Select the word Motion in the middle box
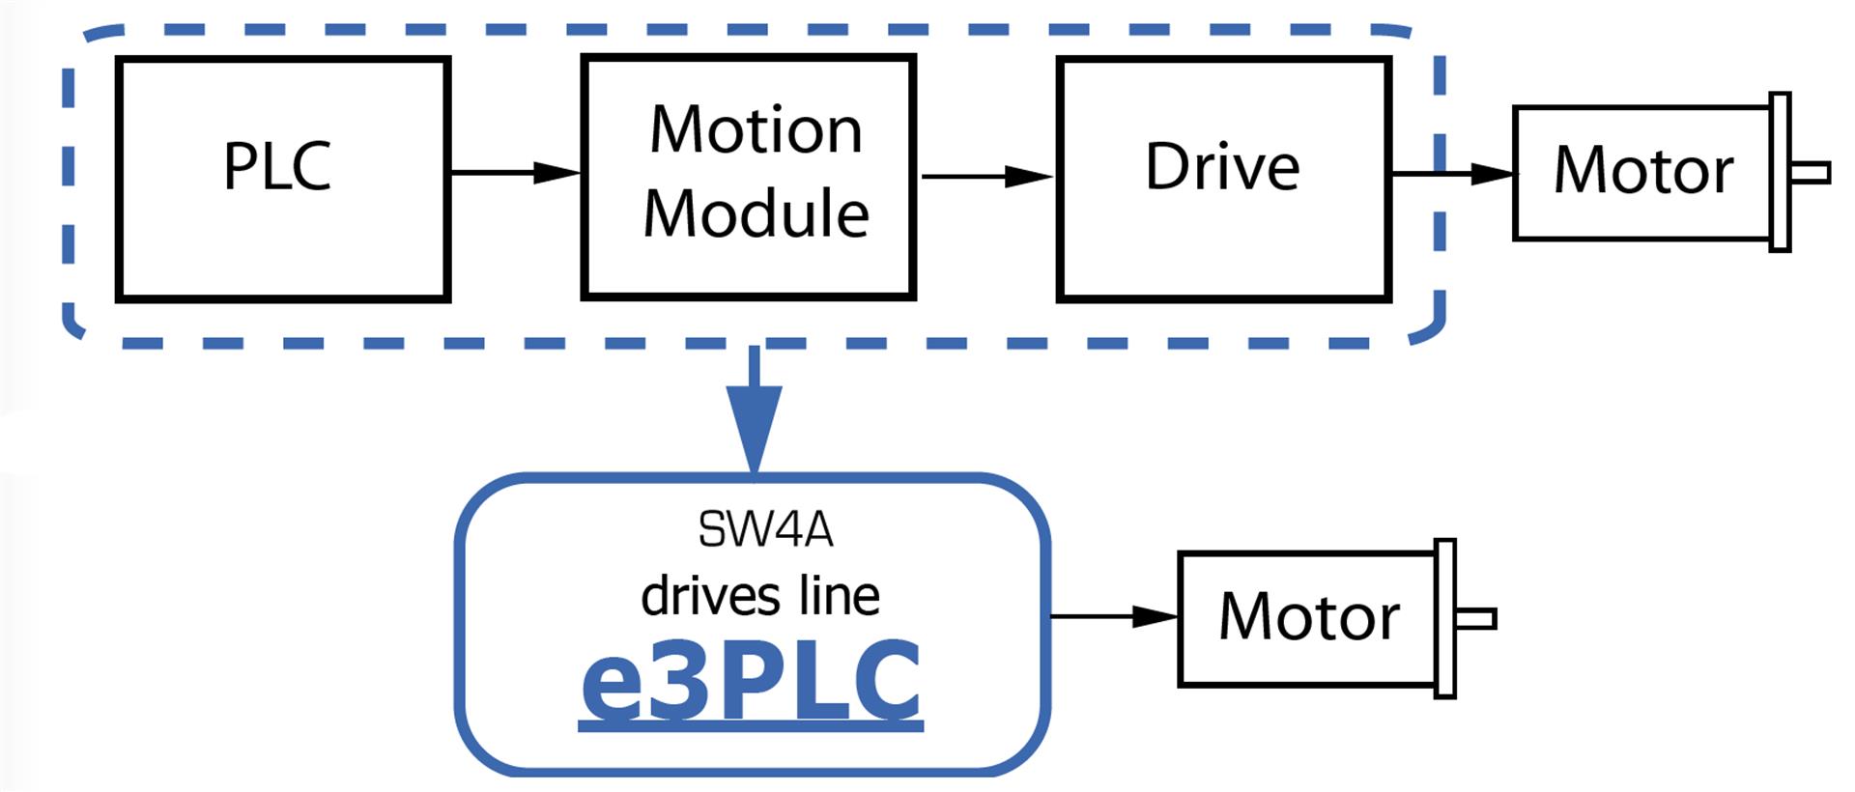click(x=756, y=129)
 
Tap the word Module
click(x=756, y=212)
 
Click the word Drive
click(x=1222, y=167)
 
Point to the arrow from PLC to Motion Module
click(x=516, y=173)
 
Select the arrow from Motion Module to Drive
click(x=986, y=177)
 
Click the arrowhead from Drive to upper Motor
click(x=1492, y=174)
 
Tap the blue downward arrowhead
click(x=755, y=430)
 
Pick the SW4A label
click(x=765, y=529)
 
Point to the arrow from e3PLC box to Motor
click(x=1114, y=616)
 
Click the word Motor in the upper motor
click(x=1643, y=171)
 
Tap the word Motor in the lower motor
click(x=1309, y=616)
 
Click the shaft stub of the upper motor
click(x=1811, y=173)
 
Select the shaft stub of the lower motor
click(x=1476, y=618)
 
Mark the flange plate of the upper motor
click(x=1781, y=172)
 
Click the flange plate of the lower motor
click(x=1446, y=618)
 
